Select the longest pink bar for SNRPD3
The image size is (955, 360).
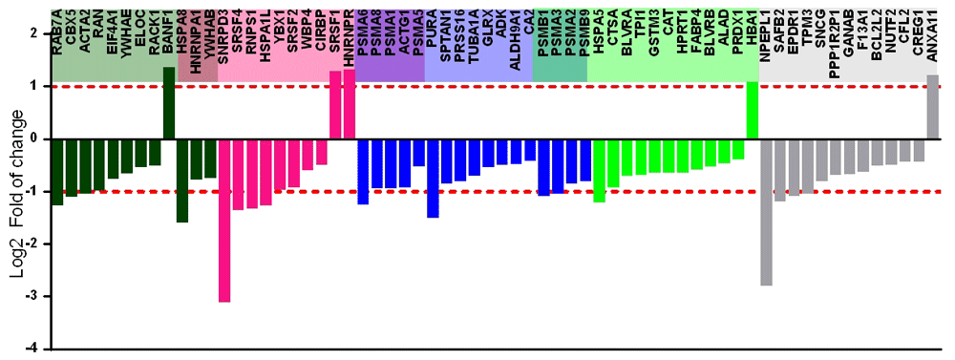(224, 220)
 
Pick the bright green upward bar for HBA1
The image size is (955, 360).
(752, 110)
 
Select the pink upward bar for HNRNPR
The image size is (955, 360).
(349, 104)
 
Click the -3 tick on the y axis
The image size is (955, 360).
(36, 296)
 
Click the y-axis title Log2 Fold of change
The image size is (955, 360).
(16, 191)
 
